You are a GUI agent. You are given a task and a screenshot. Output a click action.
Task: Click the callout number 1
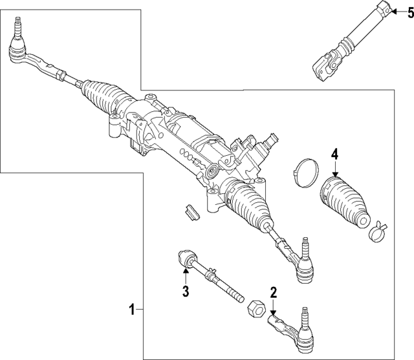point(131,310)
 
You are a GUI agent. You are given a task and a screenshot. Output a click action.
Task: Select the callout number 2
point(274,293)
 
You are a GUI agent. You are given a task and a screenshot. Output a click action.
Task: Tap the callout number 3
point(185,291)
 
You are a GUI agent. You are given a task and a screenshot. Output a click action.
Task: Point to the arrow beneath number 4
point(335,169)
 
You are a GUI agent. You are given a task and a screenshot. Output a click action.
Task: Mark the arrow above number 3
point(185,277)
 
